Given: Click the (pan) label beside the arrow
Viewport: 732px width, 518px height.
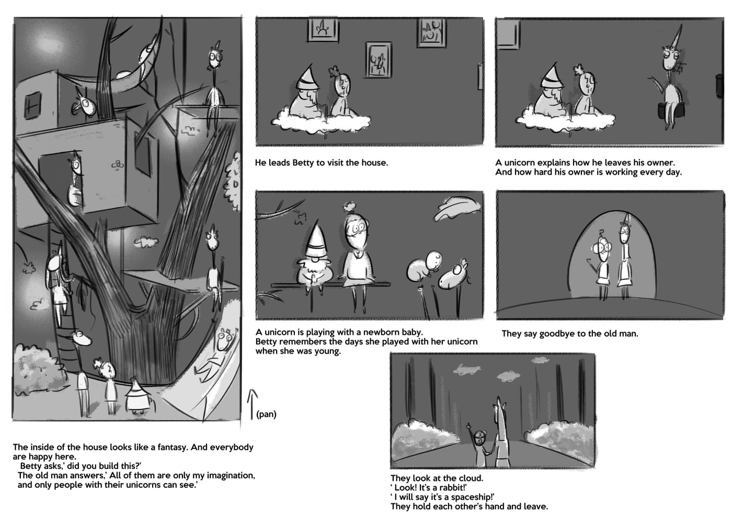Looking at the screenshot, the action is (266, 414).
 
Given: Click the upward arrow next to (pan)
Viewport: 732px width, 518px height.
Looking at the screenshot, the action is (252, 404).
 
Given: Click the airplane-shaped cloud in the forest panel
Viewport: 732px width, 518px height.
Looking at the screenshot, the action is (466, 369).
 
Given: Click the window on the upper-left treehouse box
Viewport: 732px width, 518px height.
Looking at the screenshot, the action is (32, 105).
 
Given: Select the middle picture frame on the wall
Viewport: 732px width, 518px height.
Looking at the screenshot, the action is (379, 60).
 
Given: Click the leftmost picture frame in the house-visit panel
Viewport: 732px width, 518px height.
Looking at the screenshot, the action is (323, 29).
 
